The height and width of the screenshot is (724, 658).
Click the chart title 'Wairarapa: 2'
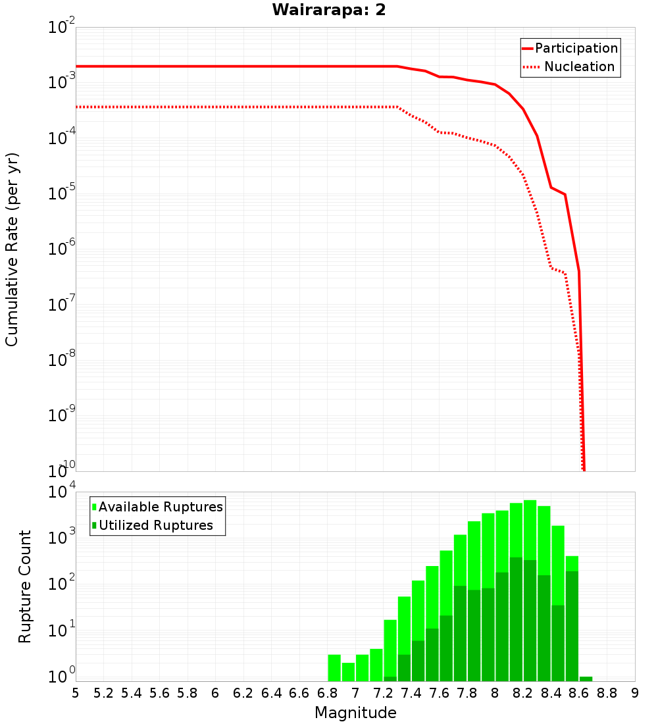[329, 11]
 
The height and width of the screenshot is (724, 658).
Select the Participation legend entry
[570, 48]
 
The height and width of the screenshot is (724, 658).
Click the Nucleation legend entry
[570, 66]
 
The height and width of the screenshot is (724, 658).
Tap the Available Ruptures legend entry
[158, 507]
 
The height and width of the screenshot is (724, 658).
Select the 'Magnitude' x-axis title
[355, 713]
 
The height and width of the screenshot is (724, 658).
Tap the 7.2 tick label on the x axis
[383, 693]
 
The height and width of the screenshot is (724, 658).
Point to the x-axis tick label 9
[635, 693]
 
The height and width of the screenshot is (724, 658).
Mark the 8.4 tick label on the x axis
[551, 693]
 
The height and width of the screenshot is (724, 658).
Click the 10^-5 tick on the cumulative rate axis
[61, 194]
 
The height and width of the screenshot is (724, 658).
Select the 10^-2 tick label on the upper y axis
[61, 28]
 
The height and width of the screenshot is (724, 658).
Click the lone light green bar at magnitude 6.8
[334, 668]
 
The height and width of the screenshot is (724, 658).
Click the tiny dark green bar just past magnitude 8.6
[586, 679]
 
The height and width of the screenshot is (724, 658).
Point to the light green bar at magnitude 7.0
[362, 668]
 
